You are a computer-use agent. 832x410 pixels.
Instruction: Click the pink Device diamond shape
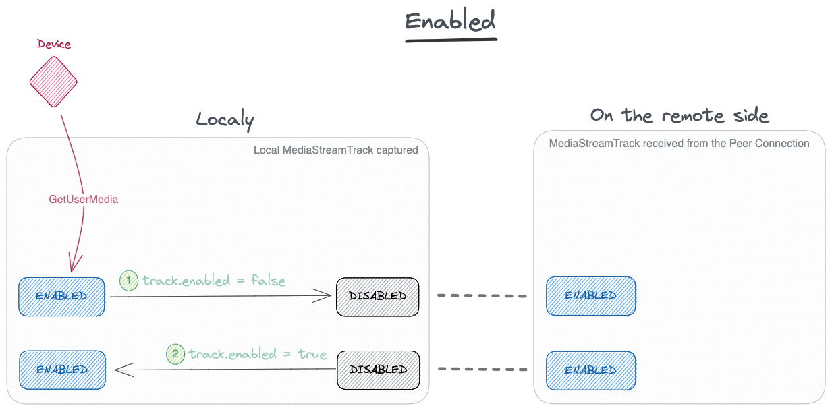53,82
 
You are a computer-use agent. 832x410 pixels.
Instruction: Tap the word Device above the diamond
54,44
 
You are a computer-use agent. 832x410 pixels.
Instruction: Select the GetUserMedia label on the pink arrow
84,199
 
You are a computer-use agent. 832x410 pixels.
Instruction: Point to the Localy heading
225,119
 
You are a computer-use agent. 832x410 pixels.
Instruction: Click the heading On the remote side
680,115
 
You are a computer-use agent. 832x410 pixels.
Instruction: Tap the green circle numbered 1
129,281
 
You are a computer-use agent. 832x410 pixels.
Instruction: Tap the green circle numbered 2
175,354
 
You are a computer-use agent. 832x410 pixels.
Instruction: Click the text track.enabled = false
214,281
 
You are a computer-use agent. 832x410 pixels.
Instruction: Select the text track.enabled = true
258,354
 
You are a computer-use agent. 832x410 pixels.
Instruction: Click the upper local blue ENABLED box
61,297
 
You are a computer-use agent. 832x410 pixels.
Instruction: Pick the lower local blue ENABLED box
62,370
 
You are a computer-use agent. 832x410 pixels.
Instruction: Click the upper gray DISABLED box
378,297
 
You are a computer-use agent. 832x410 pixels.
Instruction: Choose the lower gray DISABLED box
379,370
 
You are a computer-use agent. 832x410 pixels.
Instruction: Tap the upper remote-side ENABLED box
591,296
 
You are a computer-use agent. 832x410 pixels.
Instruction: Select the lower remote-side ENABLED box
591,371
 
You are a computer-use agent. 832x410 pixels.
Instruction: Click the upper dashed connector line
482,296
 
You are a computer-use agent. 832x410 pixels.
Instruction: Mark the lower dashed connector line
482,369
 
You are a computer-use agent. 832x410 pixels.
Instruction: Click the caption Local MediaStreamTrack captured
336,150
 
